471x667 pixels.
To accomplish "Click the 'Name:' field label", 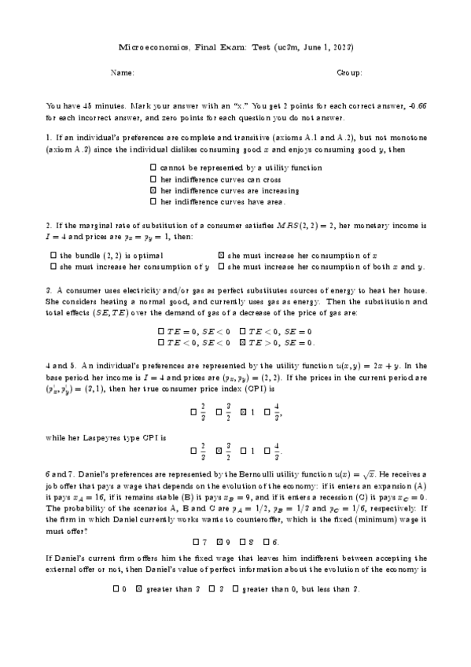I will (123, 72).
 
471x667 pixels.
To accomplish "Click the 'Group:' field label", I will (349, 72).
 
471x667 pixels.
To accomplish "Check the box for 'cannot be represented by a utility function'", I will (153, 168).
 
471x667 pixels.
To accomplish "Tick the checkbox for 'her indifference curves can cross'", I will (153, 179).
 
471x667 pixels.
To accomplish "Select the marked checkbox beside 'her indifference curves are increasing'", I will (153, 190).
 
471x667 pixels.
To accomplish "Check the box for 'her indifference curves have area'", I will (153, 201).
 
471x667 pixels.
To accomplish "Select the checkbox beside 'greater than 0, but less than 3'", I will (235, 588).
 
